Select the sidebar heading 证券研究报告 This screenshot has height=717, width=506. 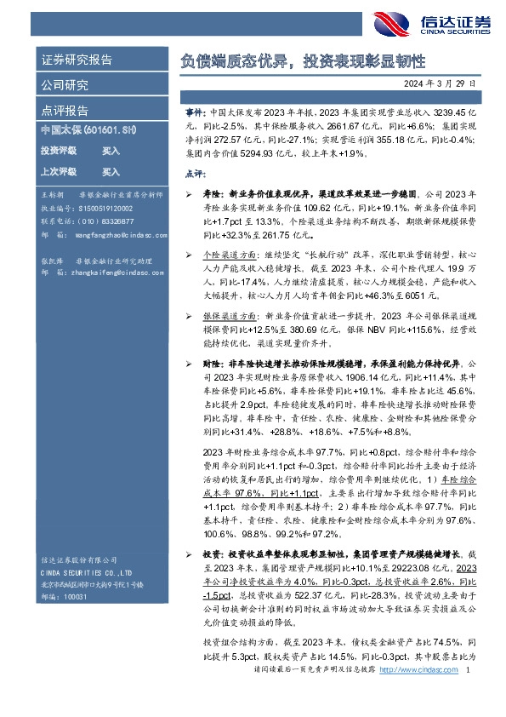click(77, 60)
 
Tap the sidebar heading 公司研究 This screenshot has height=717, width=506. click(65, 86)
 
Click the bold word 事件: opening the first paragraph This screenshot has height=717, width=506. click(195, 112)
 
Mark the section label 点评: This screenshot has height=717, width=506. click(194, 173)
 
